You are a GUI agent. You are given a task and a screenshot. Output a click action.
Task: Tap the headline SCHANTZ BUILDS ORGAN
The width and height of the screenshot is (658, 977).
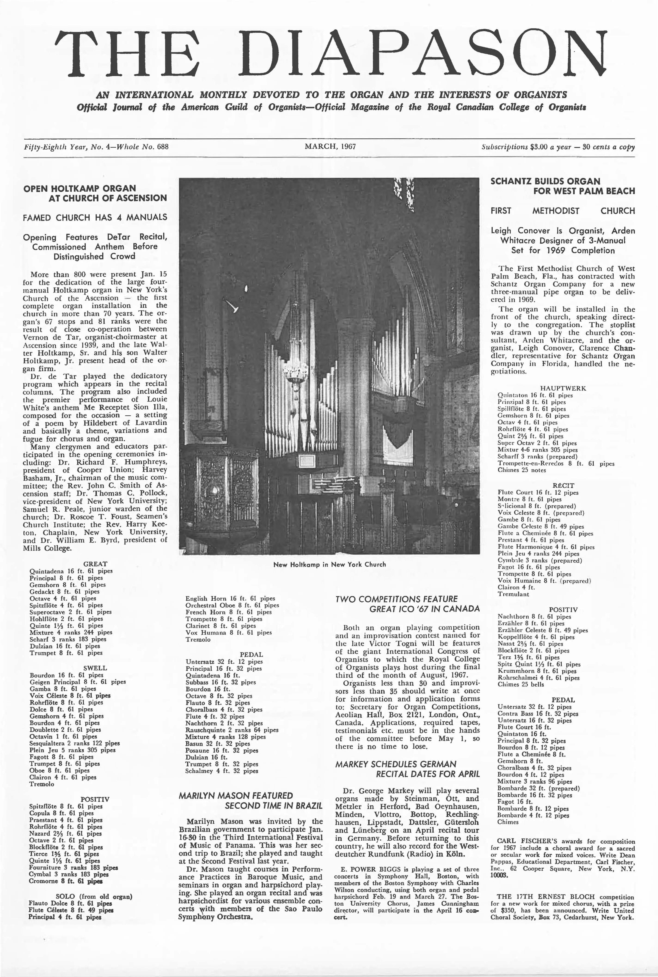click(545, 181)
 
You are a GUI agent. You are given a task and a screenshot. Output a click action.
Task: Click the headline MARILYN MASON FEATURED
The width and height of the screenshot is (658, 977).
click(236, 795)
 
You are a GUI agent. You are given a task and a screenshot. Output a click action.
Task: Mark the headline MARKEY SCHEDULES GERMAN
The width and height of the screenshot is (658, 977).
click(396, 764)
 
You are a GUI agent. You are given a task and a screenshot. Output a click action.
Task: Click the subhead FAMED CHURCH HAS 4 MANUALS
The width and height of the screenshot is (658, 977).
click(95, 217)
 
